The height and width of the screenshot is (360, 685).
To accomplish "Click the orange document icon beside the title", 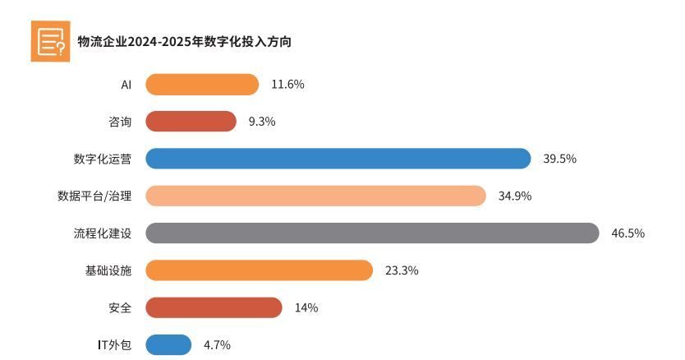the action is click(x=50, y=41).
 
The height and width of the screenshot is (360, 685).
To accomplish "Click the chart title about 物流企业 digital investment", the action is click(x=184, y=42).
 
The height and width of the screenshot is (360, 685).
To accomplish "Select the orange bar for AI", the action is click(x=202, y=85).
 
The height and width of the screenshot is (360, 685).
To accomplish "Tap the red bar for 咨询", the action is click(x=191, y=122).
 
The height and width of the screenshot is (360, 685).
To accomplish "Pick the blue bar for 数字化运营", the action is click(x=338, y=159).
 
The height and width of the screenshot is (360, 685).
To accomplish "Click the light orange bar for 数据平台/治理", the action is click(x=316, y=196).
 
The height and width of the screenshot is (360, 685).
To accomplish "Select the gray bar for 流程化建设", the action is click(x=372, y=233).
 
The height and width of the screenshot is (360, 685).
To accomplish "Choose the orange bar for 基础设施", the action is click(x=259, y=270).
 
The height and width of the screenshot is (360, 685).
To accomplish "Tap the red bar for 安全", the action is click(x=214, y=307).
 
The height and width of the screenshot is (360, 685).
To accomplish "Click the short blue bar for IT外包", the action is click(x=168, y=344).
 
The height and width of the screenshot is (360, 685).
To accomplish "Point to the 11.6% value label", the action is click(x=287, y=85).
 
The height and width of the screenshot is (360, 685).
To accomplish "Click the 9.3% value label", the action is click(x=262, y=122).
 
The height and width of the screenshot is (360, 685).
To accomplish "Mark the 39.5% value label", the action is click(x=559, y=159).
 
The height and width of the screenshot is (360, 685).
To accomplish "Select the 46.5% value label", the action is click(x=628, y=233).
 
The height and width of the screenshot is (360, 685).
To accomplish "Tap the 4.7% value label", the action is click(x=217, y=344).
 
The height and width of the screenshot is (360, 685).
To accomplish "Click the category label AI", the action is click(x=126, y=85).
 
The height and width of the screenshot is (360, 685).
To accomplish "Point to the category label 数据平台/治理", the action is click(x=94, y=196).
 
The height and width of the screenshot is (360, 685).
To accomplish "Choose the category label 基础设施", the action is click(x=108, y=270).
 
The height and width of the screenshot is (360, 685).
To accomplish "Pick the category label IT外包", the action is click(x=114, y=344).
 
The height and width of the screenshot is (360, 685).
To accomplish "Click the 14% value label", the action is click(x=306, y=307).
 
